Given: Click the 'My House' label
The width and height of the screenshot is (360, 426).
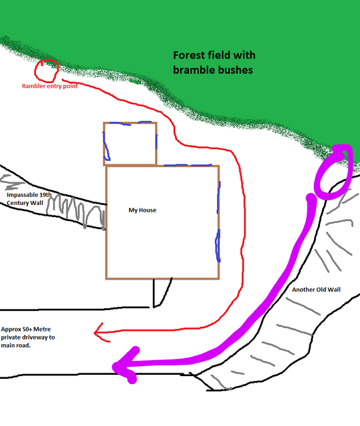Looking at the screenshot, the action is click(142, 210).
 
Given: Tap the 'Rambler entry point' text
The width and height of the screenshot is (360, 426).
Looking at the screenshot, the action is click(50, 86).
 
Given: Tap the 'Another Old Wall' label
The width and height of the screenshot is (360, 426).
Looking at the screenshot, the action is click(316, 290).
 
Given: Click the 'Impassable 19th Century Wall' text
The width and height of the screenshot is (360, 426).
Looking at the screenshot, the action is click(29, 199).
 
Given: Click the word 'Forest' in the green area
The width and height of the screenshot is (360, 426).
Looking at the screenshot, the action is click(190, 55).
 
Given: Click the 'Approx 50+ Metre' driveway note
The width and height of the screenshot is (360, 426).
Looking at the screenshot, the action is click(26, 329).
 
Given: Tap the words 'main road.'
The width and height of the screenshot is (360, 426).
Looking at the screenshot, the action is click(16, 345).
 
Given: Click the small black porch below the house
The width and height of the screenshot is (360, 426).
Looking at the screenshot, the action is click(162, 292).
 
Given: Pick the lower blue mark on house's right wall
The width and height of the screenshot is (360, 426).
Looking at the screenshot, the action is click(218, 246).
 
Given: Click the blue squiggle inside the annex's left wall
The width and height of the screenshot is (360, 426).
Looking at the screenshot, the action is click(106, 146).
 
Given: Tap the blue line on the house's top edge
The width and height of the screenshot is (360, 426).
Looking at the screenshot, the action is click(188, 165).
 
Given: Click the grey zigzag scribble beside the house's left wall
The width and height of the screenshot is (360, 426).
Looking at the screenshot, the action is click(76, 212).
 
